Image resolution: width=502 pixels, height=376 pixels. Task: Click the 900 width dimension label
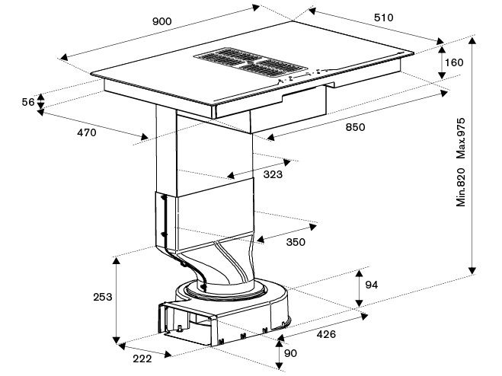[x=162, y=21]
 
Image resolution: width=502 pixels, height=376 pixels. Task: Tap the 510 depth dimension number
[x=383, y=18]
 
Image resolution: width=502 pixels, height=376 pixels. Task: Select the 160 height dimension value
[x=454, y=62]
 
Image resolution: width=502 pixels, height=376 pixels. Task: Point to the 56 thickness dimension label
[x=28, y=102]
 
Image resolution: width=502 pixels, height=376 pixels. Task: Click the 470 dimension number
[x=86, y=132]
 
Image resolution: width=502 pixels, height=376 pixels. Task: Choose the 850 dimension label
[x=355, y=127]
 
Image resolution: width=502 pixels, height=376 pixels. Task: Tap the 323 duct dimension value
[x=273, y=174]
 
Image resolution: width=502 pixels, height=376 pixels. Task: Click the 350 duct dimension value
[x=296, y=242]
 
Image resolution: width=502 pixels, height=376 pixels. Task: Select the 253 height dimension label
[x=103, y=297]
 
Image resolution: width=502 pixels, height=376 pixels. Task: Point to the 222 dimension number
[x=142, y=358]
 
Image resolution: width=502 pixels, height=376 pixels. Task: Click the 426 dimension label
[x=326, y=334]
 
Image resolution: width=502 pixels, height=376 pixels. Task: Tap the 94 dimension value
[x=372, y=285]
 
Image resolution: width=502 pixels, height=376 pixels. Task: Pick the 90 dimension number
[x=290, y=353]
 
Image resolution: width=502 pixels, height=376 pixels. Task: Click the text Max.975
[x=461, y=139]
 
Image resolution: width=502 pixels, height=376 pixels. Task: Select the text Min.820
[x=461, y=187]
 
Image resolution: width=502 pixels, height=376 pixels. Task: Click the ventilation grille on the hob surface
[x=251, y=62]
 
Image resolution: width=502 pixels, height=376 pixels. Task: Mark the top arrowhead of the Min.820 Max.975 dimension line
[x=472, y=40]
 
